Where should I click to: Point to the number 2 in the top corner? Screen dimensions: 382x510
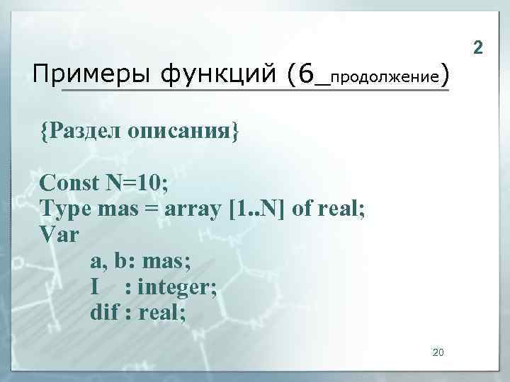(x=478, y=48)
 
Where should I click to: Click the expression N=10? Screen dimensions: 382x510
(x=137, y=185)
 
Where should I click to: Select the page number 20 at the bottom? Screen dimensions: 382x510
(x=437, y=352)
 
